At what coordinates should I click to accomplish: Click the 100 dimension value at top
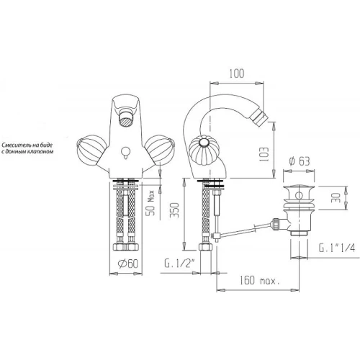[x=236, y=73]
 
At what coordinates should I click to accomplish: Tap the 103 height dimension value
[x=264, y=154]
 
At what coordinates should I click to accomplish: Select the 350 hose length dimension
[x=175, y=210]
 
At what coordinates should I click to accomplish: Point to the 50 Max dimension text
[x=151, y=202]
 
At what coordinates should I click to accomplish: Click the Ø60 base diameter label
[x=128, y=264]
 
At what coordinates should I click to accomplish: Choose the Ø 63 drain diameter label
[x=300, y=161]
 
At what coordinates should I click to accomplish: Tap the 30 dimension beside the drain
[x=336, y=197]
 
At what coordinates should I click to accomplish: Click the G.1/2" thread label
[x=179, y=264]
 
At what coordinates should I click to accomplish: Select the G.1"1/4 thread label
[x=336, y=248]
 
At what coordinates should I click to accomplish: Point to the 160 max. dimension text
[x=260, y=280]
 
